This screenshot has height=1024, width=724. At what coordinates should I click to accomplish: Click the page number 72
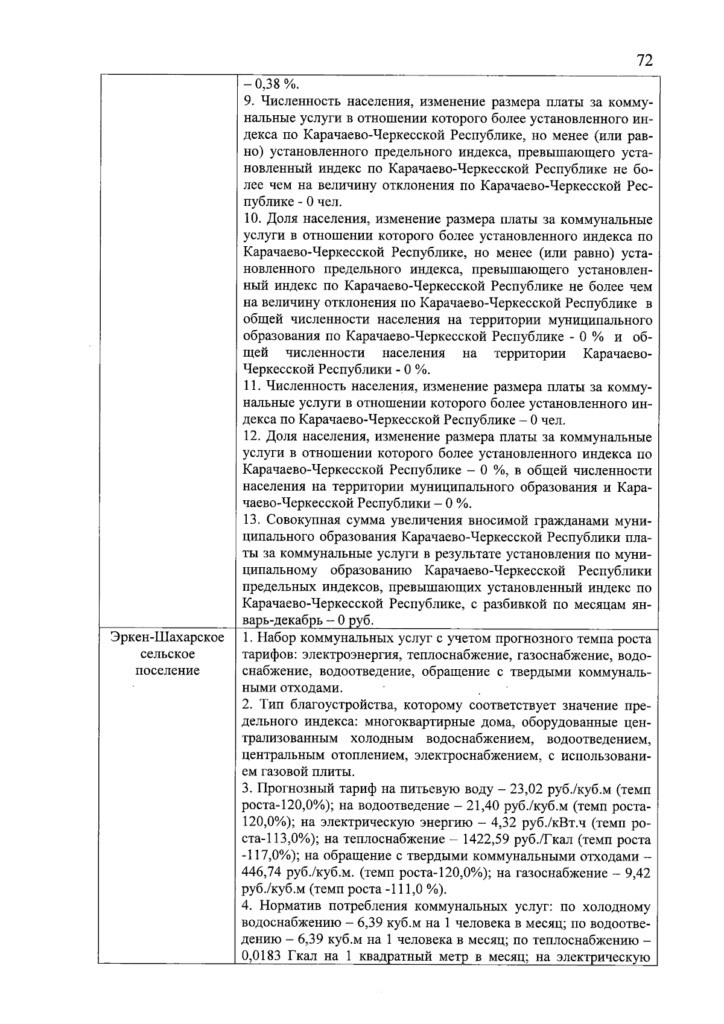(x=644, y=61)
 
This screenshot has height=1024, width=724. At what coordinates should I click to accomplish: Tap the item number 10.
(x=251, y=218)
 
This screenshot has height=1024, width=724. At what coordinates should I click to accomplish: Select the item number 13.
(x=251, y=520)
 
